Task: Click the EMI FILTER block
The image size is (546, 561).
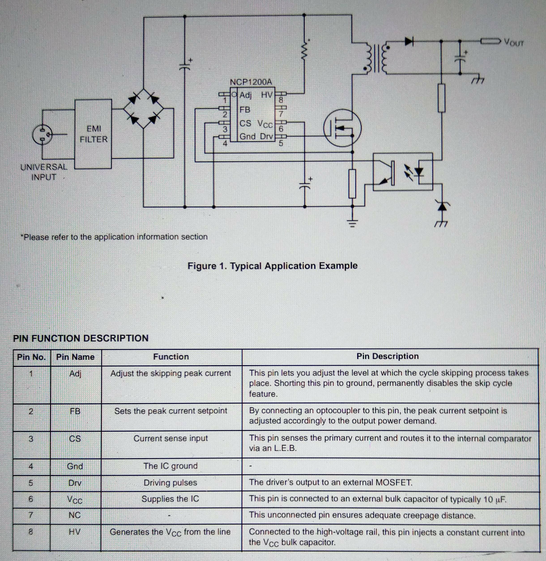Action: [93, 134]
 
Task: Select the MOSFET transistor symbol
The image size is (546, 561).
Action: [342, 128]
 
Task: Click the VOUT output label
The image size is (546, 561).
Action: [514, 43]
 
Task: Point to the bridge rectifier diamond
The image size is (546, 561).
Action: [144, 109]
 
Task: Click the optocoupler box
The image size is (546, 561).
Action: [403, 171]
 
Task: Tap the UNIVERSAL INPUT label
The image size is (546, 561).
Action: [44, 172]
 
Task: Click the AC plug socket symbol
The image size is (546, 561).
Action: [43, 135]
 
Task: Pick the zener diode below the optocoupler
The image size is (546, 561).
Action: [442, 206]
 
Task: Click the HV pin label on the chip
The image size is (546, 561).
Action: [267, 95]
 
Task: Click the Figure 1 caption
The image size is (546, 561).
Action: [272, 266]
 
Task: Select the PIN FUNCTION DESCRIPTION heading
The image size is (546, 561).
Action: [81, 338]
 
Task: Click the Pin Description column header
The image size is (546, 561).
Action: [387, 356]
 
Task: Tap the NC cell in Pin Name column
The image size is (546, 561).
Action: [75, 515]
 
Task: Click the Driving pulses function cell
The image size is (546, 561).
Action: [170, 483]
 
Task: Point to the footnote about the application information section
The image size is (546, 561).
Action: [114, 237]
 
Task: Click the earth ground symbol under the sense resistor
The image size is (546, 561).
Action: [352, 223]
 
